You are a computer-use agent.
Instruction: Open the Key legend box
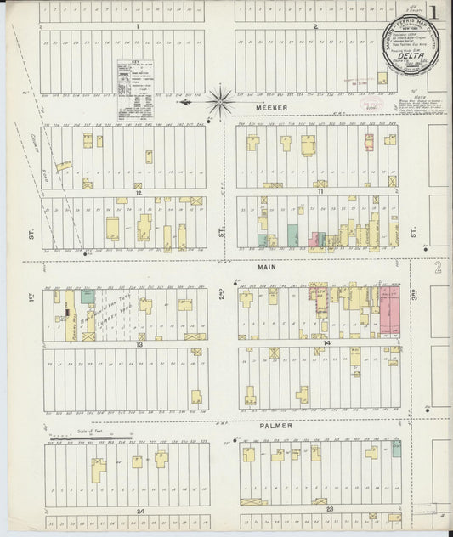coord(135,89)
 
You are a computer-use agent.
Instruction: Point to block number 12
coord(136,193)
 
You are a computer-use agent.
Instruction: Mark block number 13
coord(139,345)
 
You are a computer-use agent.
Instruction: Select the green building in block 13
coord(88,297)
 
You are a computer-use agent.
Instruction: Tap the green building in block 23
coord(396,449)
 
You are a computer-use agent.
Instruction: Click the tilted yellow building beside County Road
coord(65,166)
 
